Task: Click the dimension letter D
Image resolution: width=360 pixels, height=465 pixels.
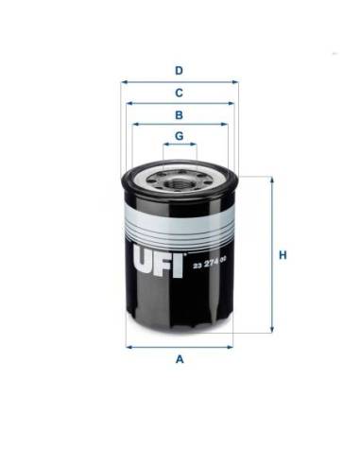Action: (x=179, y=69)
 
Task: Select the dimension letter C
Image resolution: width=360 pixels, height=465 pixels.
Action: (x=179, y=92)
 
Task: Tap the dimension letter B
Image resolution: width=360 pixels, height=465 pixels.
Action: (x=179, y=114)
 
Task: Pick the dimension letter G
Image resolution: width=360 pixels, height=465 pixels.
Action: (x=179, y=136)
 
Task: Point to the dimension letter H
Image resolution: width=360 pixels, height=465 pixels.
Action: (x=283, y=255)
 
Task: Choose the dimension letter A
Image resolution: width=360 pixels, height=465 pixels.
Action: (x=179, y=359)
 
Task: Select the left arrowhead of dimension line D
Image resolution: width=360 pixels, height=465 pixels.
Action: (x=124, y=82)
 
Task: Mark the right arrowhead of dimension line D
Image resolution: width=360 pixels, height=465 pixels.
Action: (x=235, y=82)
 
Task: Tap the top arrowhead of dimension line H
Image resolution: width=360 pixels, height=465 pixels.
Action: (x=272, y=178)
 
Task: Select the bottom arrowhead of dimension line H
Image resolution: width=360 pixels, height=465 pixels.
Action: (x=272, y=337)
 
